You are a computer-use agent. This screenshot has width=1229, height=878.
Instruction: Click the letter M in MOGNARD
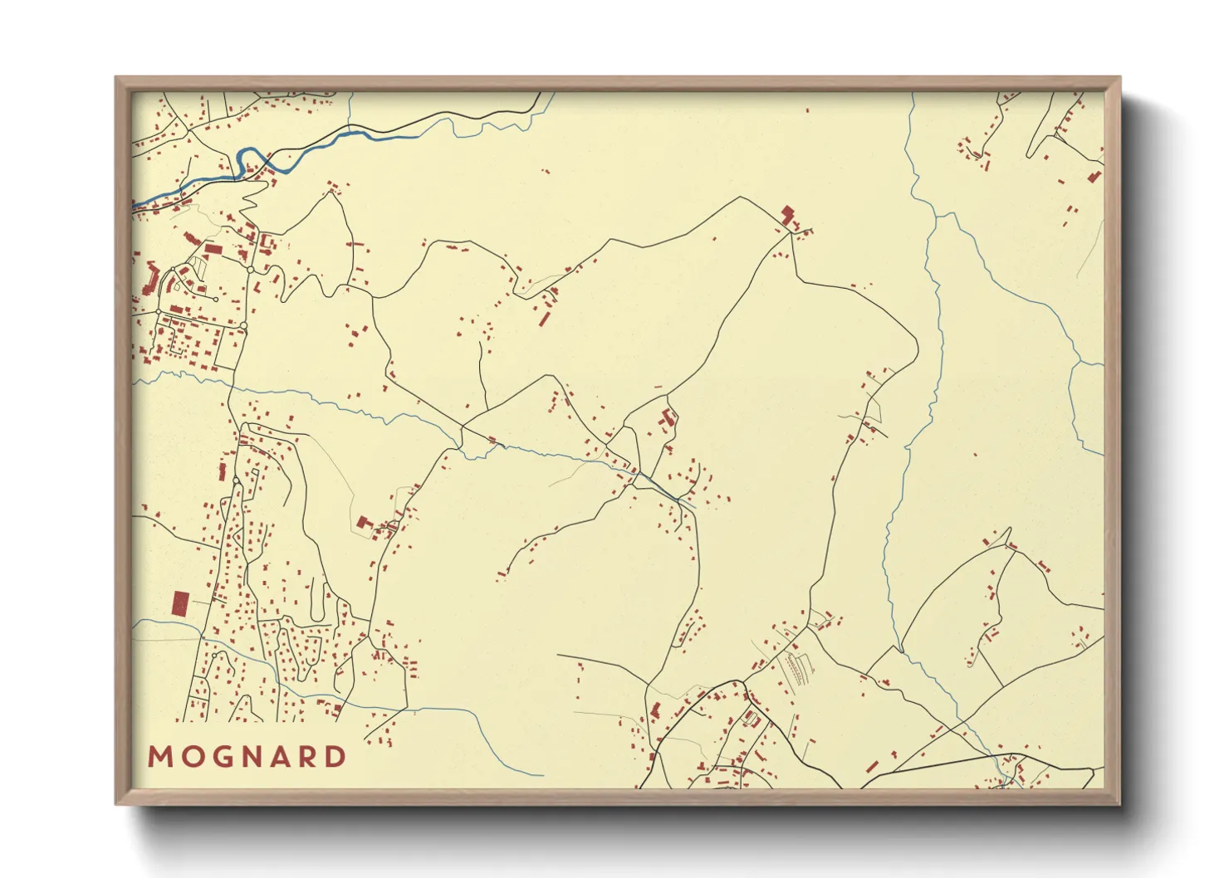pyautogui.click(x=159, y=757)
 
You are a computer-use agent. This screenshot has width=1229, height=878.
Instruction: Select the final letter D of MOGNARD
pyautogui.click(x=335, y=757)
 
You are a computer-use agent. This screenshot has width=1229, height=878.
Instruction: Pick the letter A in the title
pyautogui.click(x=277, y=757)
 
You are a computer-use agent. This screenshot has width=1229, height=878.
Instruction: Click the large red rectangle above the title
pyautogui.click(x=179, y=603)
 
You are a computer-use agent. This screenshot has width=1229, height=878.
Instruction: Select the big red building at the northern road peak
pyautogui.click(x=787, y=214)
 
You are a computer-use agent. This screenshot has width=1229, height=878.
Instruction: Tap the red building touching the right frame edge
pyautogui.click(x=1094, y=176)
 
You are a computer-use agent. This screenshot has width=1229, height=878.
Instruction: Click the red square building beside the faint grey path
pyautogui.click(x=362, y=522)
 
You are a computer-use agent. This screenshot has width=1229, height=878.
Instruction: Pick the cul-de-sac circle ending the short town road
pyautogui.click(x=216, y=299)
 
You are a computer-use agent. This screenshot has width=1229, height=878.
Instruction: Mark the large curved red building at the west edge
pyautogui.click(x=153, y=277)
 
